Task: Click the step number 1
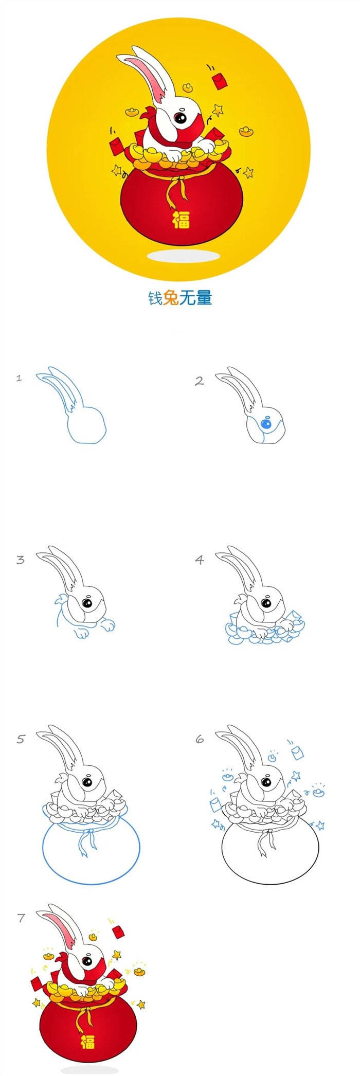pyautogui.click(x=19, y=378)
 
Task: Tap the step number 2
pyautogui.click(x=199, y=381)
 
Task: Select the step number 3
pyautogui.click(x=20, y=560)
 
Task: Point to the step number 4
pyautogui.click(x=200, y=560)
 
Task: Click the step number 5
pyautogui.click(x=21, y=739)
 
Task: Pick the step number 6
pyautogui.click(x=200, y=739)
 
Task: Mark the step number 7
pyautogui.click(x=21, y=918)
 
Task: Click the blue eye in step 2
pyautogui.click(x=266, y=424)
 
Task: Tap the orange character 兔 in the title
pyautogui.click(x=171, y=297)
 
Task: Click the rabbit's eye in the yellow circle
pyautogui.click(x=181, y=118)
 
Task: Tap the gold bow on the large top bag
pyautogui.click(x=177, y=190)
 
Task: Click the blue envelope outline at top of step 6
pyautogui.click(x=297, y=753)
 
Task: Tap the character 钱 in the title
pyautogui.click(x=155, y=297)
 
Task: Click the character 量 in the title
pyautogui.click(x=204, y=297)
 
